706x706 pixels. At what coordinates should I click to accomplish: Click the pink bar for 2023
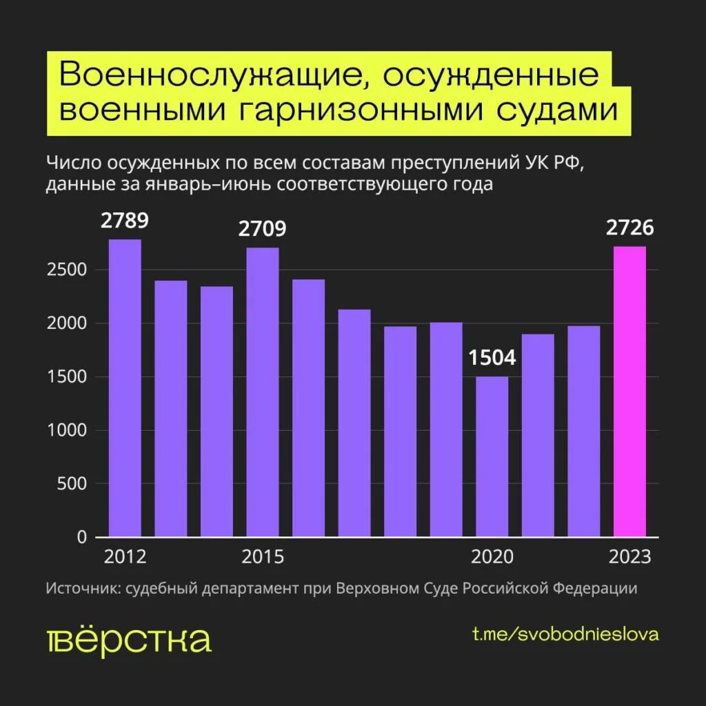[629, 391]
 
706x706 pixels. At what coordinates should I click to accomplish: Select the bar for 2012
[125, 387]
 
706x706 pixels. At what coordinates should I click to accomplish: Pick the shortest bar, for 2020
[492, 456]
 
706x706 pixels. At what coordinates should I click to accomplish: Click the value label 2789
[125, 221]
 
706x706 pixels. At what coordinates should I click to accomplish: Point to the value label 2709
[263, 230]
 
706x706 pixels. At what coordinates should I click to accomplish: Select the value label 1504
[492, 359]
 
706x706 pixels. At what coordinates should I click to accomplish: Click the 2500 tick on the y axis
[67, 270]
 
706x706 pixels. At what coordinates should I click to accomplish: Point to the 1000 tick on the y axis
[67, 430]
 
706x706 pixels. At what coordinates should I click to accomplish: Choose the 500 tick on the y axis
[71, 484]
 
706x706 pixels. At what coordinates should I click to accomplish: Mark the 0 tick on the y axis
[81, 537]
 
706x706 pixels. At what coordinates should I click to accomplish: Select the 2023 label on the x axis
[630, 557]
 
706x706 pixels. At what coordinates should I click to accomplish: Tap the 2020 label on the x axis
[492, 557]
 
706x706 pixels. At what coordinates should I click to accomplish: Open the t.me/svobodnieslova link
[565, 634]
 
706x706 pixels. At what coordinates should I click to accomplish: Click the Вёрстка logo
[129, 641]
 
